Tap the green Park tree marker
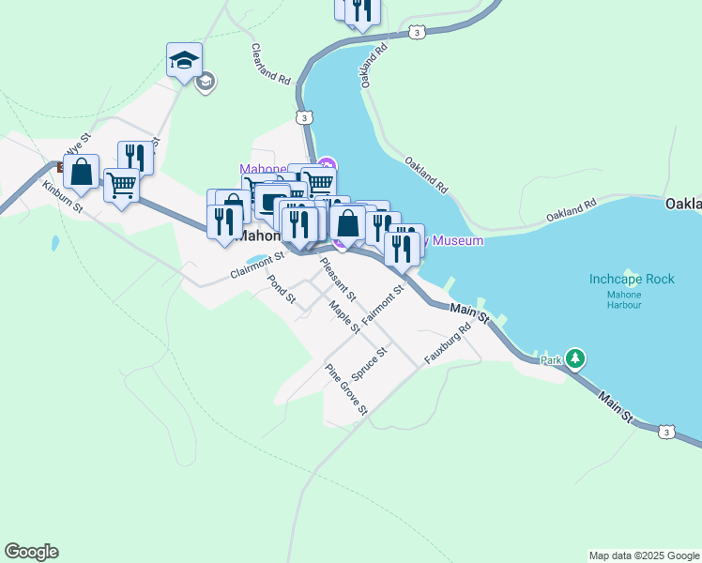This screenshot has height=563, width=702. pos(575,358)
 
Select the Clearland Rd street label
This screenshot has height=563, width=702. pos(270,64)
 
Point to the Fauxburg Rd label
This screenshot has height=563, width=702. pos(446,344)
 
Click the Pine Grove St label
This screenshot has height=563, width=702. pos(345,388)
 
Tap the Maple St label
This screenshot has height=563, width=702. pos(344,316)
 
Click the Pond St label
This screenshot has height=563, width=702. pos(281,290)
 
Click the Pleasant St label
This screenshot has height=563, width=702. pos(337,278)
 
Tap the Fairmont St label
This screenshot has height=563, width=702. pos(382,303)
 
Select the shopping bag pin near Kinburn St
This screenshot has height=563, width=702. pos(82,172)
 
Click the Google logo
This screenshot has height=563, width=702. pos(31,552)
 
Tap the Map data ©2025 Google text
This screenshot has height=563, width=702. pos(644,555)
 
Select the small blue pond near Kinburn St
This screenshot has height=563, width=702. pos(55,244)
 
